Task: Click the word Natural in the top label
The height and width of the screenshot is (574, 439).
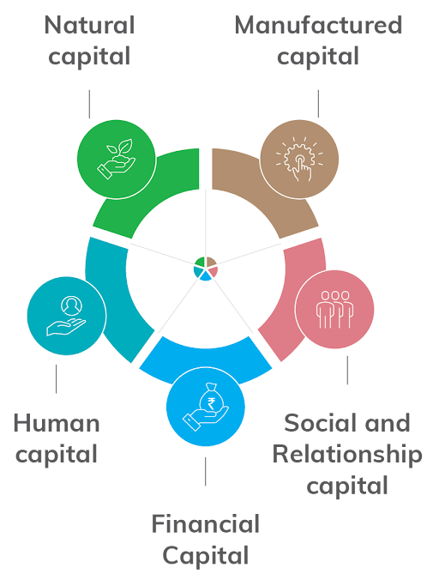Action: (90, 25)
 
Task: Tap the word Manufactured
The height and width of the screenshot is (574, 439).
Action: (318, 25)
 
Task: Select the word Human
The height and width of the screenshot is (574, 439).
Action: (57, 423)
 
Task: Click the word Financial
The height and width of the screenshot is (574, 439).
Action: (206, 523)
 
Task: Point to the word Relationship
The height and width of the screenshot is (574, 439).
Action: (347, 455)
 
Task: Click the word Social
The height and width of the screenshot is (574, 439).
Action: (315, 423)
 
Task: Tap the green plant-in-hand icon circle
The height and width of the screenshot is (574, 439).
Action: (117, 160)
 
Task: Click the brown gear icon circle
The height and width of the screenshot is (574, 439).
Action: (299, 160)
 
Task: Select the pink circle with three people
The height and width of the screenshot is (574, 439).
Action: (334, 310)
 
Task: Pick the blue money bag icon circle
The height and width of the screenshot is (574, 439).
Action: (206, 407)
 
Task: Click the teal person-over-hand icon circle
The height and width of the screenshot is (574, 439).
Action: (67, 316)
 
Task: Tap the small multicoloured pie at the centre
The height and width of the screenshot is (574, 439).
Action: (206, 269)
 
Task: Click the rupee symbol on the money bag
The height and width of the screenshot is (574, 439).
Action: (211, 403)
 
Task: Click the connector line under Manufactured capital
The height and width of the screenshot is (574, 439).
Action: (318, 104)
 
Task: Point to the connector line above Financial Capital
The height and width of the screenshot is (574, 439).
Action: (206, 472)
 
